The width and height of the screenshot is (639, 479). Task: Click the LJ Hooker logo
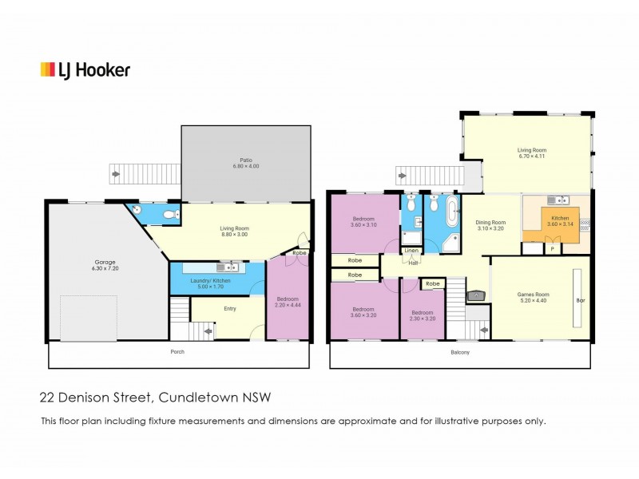(x=85, y=70)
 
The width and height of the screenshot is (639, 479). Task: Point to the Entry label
(x=230, y=308)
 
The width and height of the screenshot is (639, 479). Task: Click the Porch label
(x=180, y=351)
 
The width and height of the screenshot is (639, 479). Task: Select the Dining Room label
(x=491, y=225)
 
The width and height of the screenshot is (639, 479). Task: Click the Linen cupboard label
(x=411, y=251)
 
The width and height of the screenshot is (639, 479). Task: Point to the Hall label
(x=413, y=263)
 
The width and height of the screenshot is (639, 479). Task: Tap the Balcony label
(x=459, y=352)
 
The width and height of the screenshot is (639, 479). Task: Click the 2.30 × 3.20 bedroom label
(x=423, y=315)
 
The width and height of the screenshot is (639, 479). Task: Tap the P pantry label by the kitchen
(x=553, y=249)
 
